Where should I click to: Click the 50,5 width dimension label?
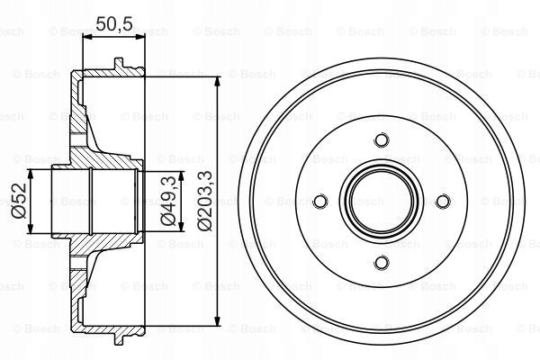[114, 23]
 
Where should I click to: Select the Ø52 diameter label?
[19, 201]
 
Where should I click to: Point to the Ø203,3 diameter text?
[204, 201]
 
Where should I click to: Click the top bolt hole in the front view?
[382, 139]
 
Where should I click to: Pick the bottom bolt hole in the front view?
[382, 263]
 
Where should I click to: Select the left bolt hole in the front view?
[320, 202]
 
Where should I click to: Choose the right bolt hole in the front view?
[443, 202]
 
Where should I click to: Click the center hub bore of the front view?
[382, 202]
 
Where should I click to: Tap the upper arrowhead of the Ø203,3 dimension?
[217, 81]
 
